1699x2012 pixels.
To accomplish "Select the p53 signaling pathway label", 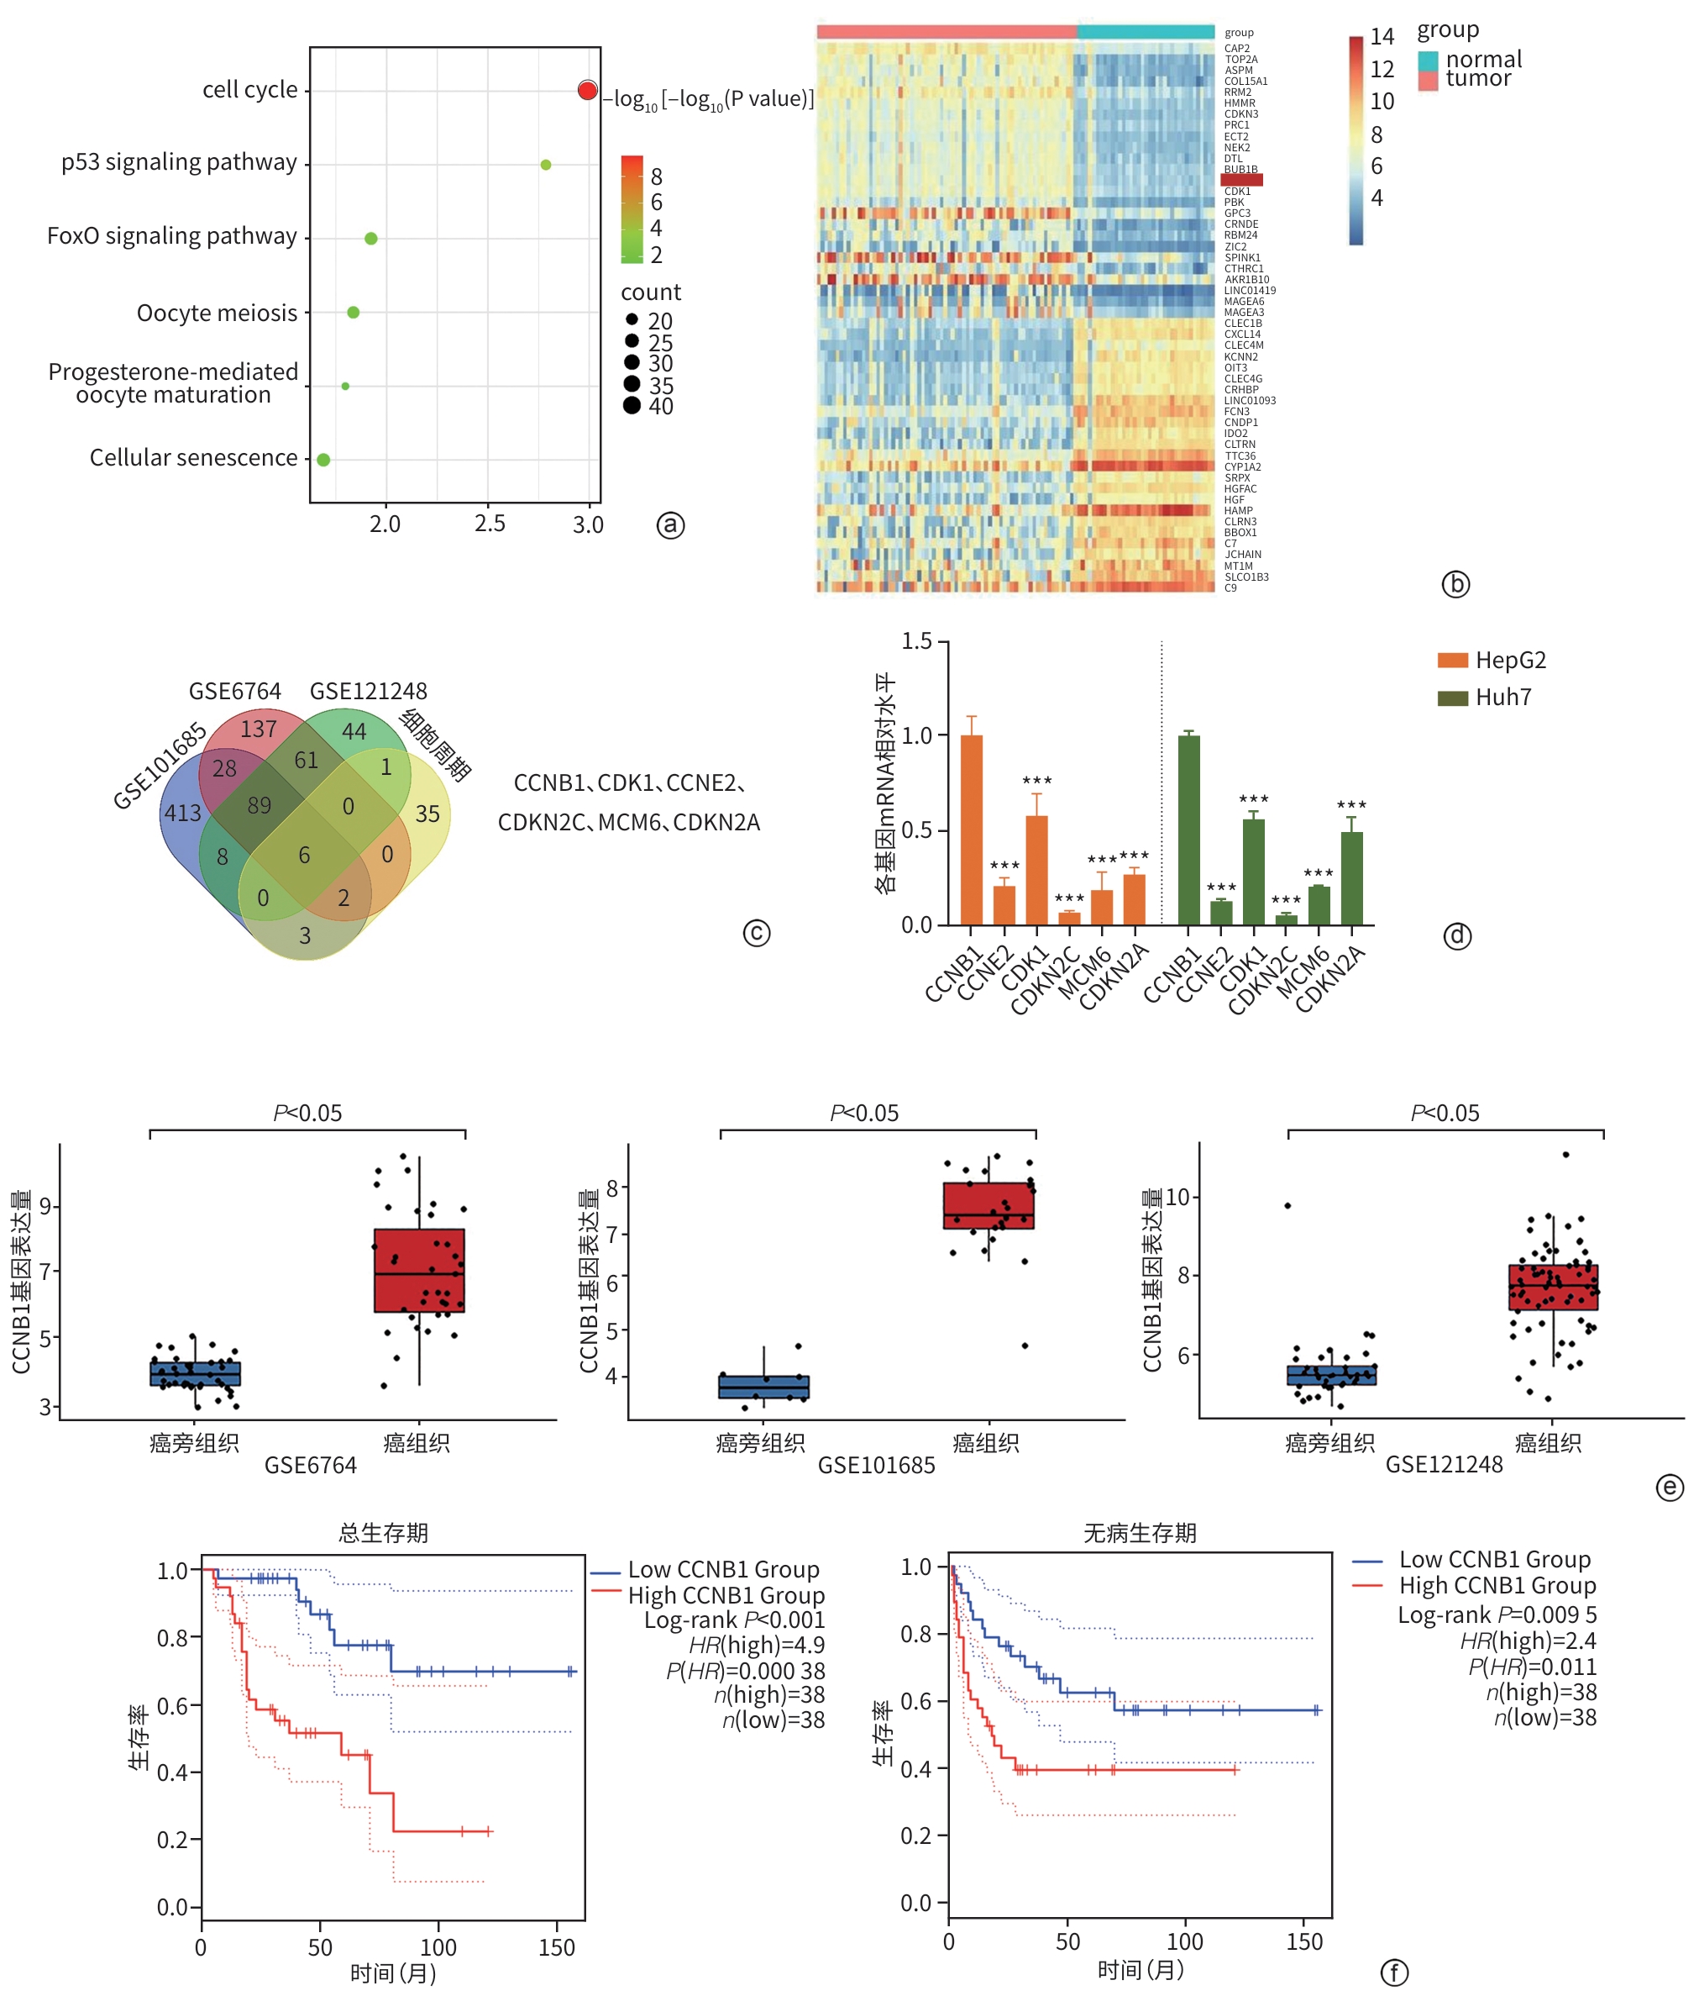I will (179, 162).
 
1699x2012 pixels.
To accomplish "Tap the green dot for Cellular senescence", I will (323, 460).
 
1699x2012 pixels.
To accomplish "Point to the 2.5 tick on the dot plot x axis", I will (490, 524).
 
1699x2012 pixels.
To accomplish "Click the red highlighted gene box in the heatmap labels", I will (1241, 180).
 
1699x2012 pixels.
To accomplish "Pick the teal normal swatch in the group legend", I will (1428, 60).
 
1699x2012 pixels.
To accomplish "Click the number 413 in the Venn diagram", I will (183, 814).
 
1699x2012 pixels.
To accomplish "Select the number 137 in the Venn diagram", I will (258, 729).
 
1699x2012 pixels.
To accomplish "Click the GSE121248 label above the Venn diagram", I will (368, 691).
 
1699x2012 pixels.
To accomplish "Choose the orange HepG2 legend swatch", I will (1452, 660).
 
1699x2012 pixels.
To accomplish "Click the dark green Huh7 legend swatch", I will (1452, 698).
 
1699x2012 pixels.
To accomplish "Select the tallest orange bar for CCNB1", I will (972, 830).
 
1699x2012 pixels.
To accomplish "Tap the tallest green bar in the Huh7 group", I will (1188, 830).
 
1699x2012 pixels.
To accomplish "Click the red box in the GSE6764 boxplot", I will (419, 1270).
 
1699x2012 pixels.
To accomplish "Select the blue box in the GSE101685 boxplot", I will (763, 1387).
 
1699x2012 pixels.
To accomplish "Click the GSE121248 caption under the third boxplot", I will (1443, 1465).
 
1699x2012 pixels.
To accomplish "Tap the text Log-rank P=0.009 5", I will (1497, 1614).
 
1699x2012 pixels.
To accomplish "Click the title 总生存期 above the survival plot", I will (382, 1532).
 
